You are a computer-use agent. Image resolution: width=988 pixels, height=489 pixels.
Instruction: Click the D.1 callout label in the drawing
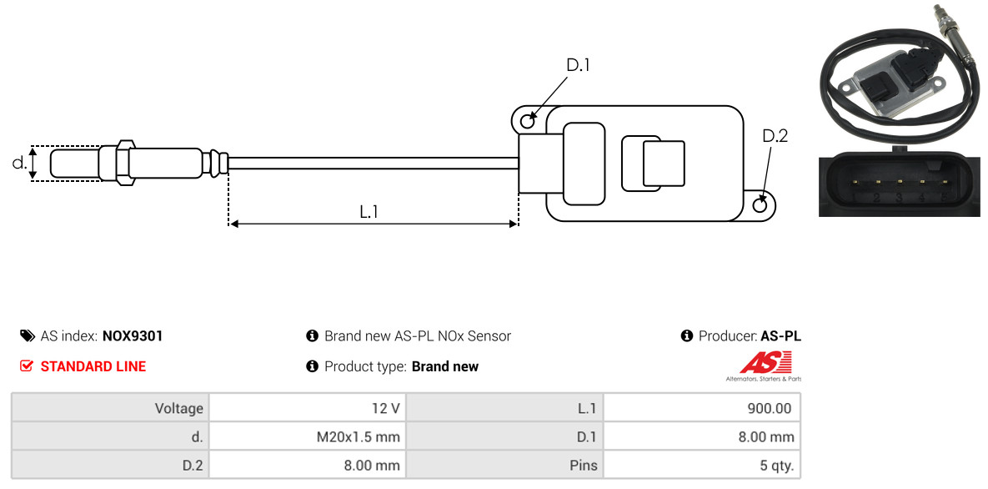tap(578, 65)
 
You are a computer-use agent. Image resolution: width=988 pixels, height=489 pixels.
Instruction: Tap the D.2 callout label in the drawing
tap(775, 136)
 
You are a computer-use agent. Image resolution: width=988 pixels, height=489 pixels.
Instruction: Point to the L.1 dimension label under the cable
tap(369, 212)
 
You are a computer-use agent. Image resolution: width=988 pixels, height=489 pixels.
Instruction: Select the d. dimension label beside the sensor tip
tap(19, 163)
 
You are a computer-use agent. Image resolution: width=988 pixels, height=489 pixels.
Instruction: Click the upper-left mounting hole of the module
tap(527, 122)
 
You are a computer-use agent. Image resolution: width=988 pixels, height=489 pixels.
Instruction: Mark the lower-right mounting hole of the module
tap(760, 205)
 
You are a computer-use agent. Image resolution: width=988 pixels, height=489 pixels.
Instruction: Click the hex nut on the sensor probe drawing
tap(122, 162)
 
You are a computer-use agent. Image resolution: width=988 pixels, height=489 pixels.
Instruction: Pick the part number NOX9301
tap(133, 336)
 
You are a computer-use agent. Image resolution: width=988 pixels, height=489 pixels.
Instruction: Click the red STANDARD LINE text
tap(93, 366)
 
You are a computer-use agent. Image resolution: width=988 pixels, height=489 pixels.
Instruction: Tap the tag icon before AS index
tap(27, 336)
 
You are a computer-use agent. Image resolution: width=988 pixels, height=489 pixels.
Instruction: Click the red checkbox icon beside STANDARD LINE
tap(27, 366)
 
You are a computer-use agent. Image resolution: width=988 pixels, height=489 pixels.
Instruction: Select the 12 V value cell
tap(306, 409)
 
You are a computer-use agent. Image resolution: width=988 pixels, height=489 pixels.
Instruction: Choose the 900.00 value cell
tap(701, 409)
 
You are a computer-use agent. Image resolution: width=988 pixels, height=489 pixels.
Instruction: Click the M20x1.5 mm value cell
tap(306, 436)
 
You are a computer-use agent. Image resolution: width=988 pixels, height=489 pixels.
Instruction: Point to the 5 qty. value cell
tap(701, 465)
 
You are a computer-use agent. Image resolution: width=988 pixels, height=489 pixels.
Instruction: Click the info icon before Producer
tap(687, 336)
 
